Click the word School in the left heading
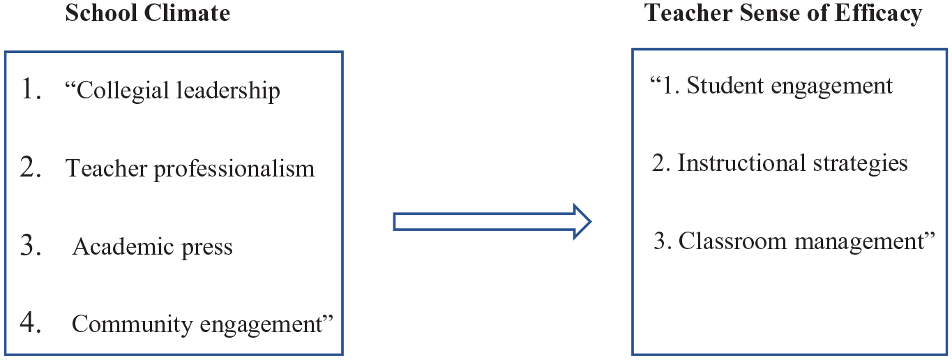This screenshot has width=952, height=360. coord(101,13)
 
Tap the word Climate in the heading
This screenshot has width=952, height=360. coord(187,13)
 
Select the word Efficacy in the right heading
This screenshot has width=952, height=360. coord(878,14)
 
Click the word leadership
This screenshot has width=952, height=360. coord(228,91)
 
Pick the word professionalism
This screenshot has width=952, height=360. coord(234,169)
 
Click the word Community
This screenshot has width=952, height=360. coord(133,324)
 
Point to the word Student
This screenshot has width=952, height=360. coord(725,85)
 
